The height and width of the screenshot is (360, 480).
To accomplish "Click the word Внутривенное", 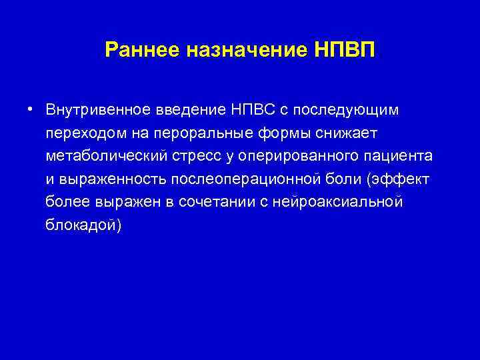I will coord(90,109).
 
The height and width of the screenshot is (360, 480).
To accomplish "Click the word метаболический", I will coord(103,155).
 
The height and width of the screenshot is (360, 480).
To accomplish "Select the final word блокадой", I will coord(83,225).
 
